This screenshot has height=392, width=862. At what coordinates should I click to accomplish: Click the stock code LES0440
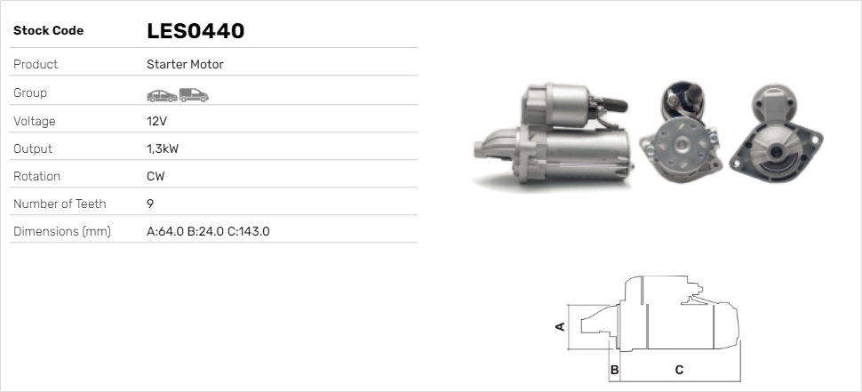(196, 31)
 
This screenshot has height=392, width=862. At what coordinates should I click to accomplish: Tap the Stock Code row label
(48, 31)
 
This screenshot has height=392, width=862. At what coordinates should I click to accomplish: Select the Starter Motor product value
(185, 65)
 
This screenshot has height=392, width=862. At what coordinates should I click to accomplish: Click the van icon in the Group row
(194, 93)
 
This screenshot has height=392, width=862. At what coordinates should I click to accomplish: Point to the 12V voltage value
(156, 121)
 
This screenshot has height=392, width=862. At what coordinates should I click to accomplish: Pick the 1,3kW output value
(162, 148)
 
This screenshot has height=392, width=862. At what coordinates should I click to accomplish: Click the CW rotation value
(156, 176)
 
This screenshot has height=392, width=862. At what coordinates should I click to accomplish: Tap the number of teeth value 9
(150, 204)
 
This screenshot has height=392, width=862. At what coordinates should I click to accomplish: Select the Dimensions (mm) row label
(61, 232)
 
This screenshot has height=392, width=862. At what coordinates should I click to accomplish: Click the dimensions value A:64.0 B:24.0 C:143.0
(208, 232)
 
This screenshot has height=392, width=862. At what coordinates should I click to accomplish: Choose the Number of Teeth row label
(60, 204)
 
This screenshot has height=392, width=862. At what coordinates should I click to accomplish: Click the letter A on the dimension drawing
(560, 326)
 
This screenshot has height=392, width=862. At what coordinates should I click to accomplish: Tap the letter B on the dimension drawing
(614, 369)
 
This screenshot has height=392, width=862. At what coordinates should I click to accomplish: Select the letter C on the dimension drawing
(679, 369)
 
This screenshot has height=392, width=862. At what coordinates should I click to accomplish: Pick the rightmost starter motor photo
(775, 132)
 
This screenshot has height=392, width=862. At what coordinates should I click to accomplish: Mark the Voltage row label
(34, 121)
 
